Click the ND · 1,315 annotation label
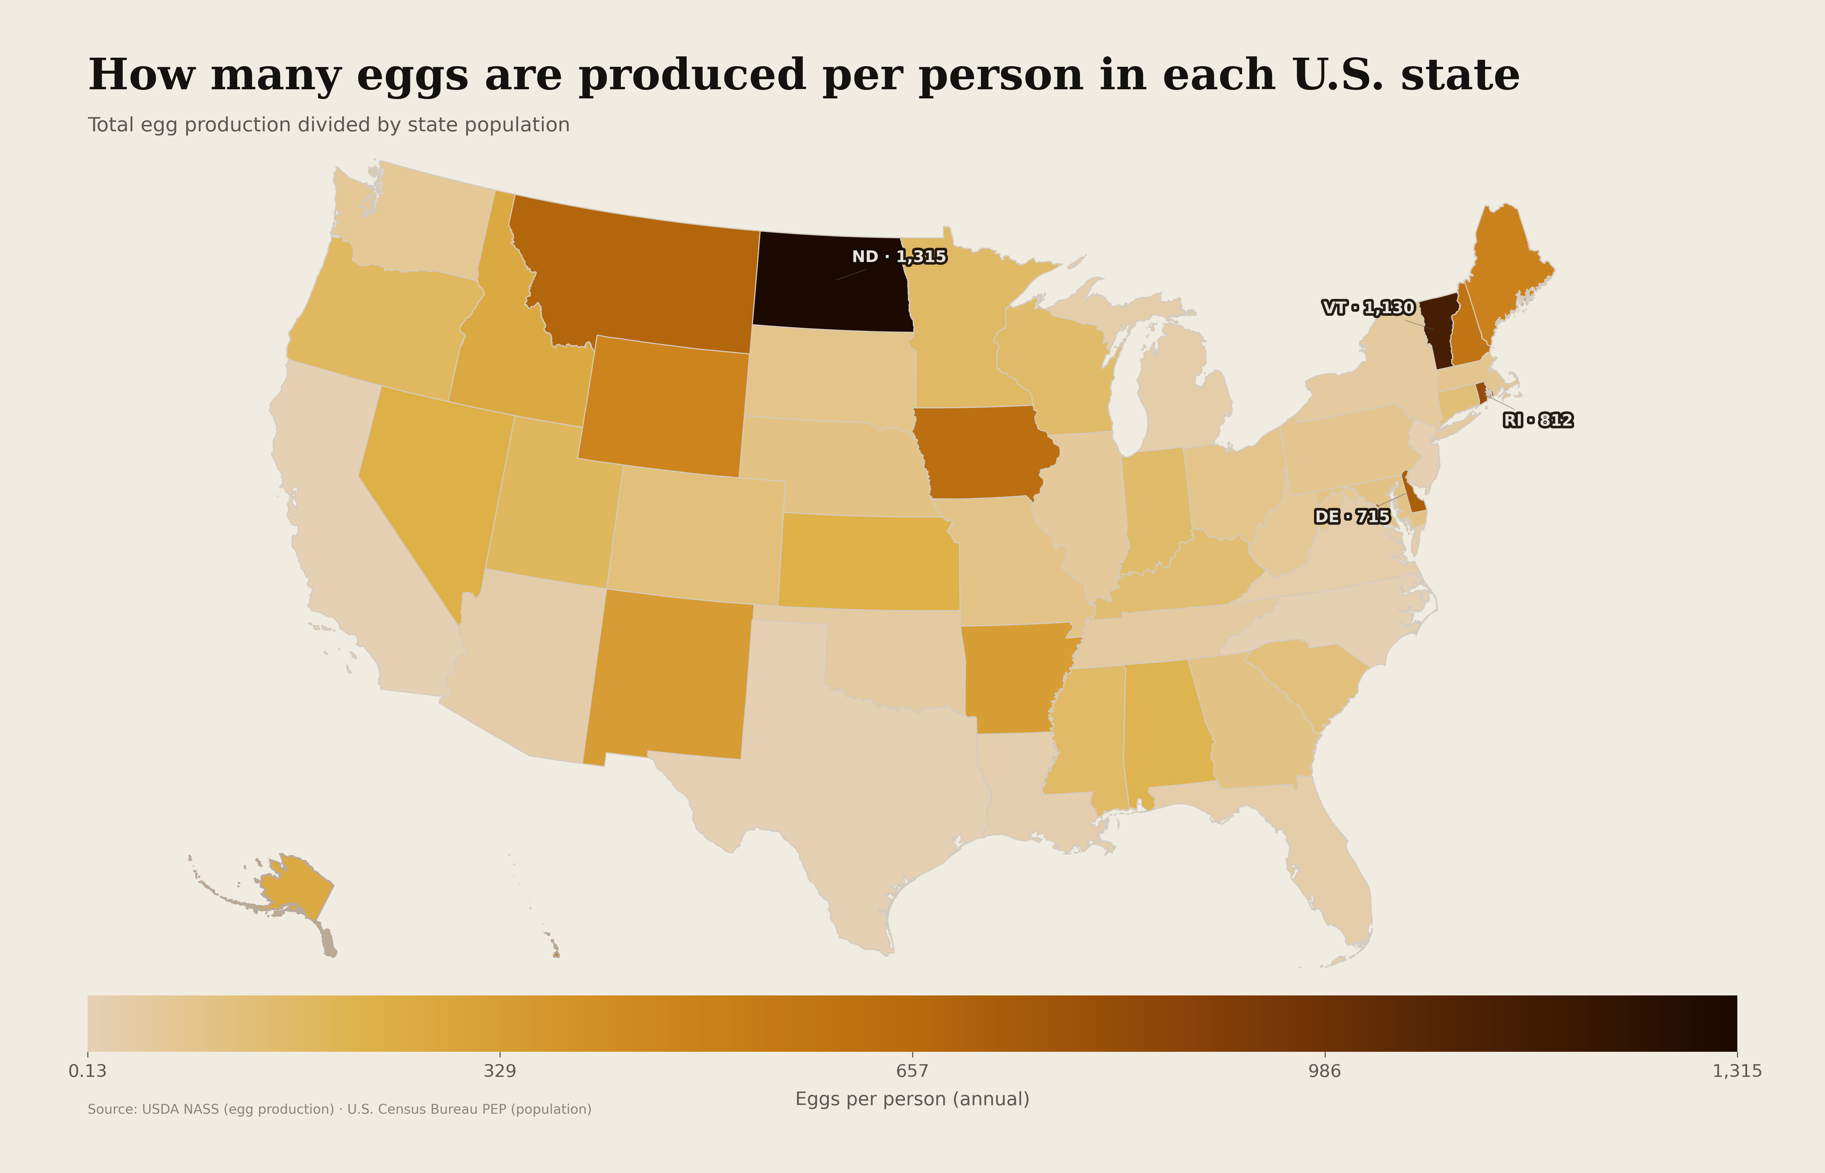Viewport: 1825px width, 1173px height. click(899, 257)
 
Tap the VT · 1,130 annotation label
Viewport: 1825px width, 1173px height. click(1368, 308)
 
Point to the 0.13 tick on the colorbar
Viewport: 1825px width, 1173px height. click(88, 1071)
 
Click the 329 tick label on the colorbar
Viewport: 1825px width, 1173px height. click(500, 1071)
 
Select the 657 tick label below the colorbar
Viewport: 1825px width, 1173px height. click(912, 1071)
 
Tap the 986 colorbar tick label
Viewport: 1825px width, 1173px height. click(1324, 1071)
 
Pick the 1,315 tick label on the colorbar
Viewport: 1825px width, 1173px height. click(1737, 1071)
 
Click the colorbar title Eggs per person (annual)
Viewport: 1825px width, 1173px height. click(912, 1099)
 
